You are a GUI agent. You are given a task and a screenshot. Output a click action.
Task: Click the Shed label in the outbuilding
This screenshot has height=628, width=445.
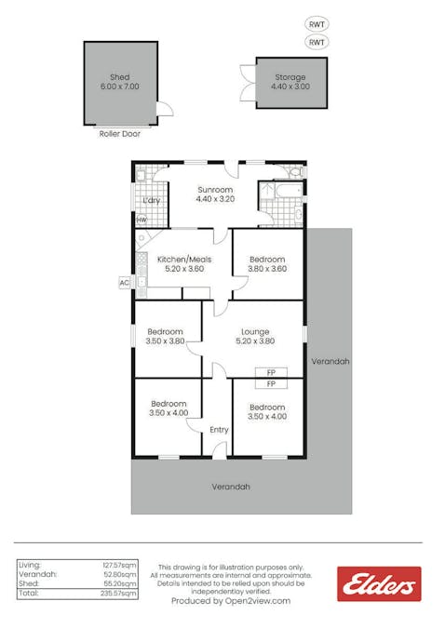tap(119, 77)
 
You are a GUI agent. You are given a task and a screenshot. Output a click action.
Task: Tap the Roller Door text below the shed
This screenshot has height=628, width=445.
tap(119, 134)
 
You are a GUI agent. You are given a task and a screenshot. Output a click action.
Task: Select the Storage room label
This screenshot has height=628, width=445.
tap(290, 77)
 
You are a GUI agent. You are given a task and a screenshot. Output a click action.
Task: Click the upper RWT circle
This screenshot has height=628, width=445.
tap(317, 24)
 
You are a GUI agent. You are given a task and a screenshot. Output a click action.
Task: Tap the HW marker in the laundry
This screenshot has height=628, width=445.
tap(142, 220)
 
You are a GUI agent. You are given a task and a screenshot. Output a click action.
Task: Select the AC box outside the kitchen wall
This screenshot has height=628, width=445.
tap(123, 282)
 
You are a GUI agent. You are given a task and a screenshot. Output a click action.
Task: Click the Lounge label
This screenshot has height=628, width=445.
tap(255, 331)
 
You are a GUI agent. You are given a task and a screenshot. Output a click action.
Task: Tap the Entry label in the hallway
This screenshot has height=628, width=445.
tap(219, 430)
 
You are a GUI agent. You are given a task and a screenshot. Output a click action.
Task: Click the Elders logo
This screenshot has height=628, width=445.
tap(378, 584)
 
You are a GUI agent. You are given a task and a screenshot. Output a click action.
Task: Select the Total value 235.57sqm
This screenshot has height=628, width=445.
tap(119, 593)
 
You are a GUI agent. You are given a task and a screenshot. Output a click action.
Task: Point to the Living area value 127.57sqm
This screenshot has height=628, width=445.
tap(119, 564)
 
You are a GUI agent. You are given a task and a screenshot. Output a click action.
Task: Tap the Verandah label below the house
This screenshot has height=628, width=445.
tap(231, 487)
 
